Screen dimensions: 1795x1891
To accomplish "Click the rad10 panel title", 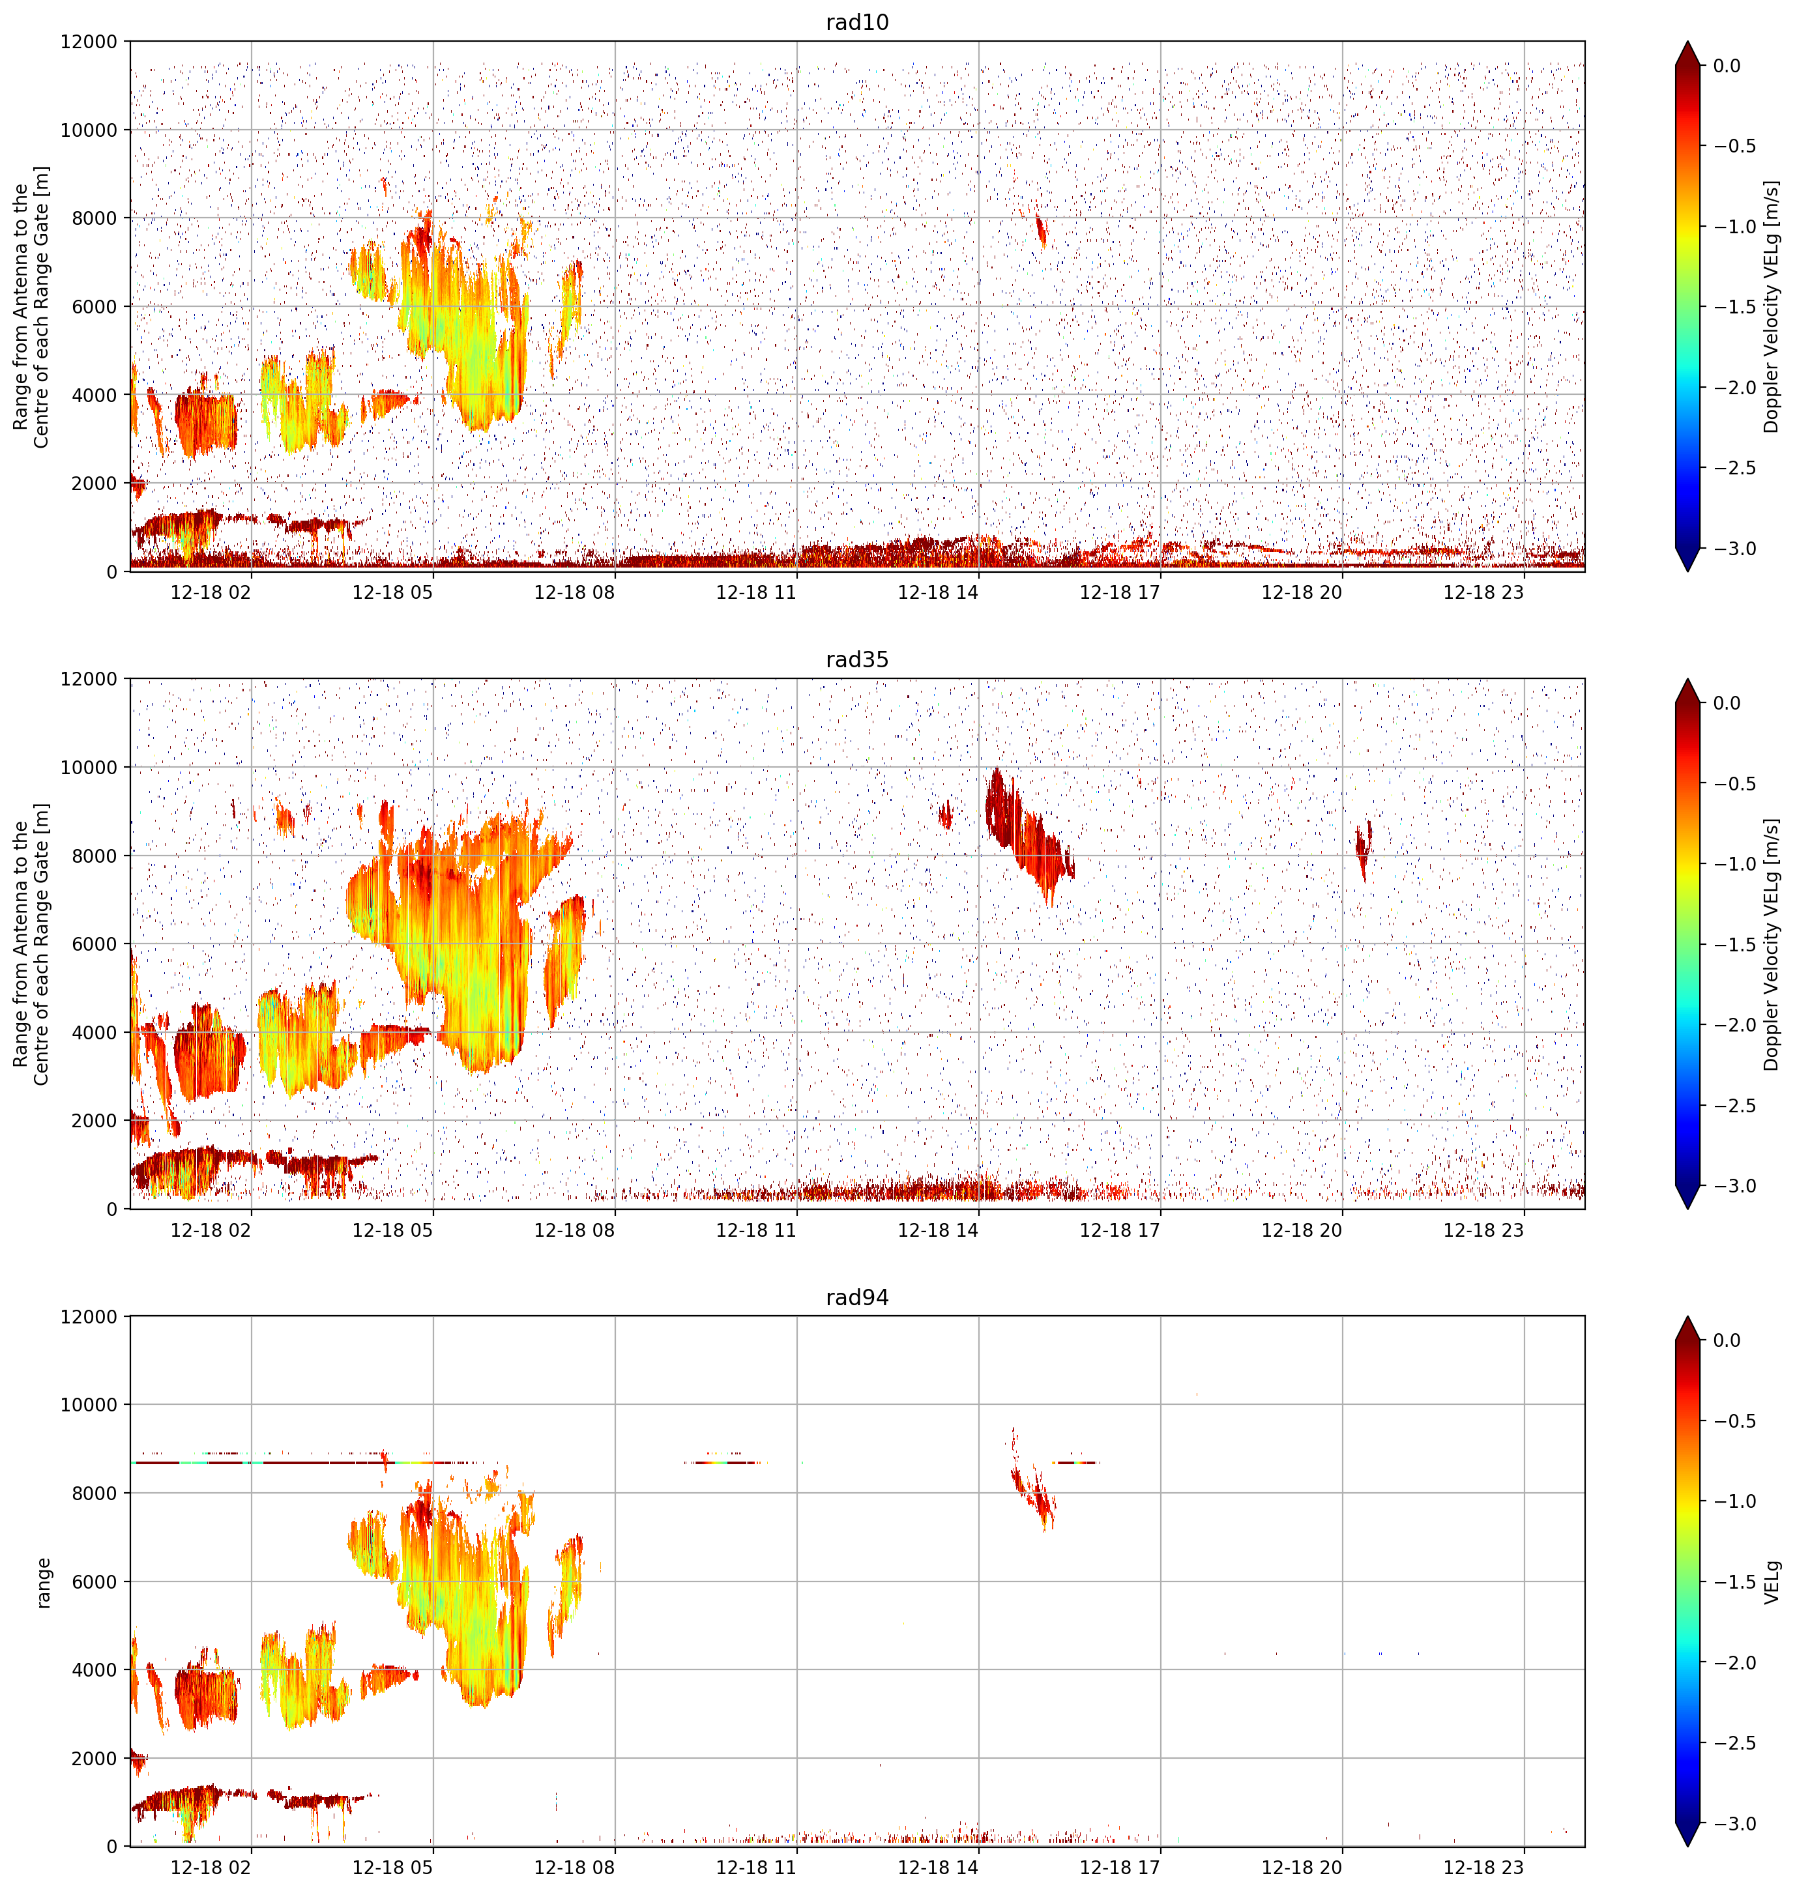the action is click(x=857, y=22).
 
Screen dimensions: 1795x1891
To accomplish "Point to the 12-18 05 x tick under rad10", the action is click(x=392, y=592).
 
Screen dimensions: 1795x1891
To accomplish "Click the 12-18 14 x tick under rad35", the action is click(x=938, y=1230).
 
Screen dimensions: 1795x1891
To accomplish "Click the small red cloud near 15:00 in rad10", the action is click(x=1041, y=229).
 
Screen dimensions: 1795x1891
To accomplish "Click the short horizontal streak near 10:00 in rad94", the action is click(x=726, y=1462).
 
